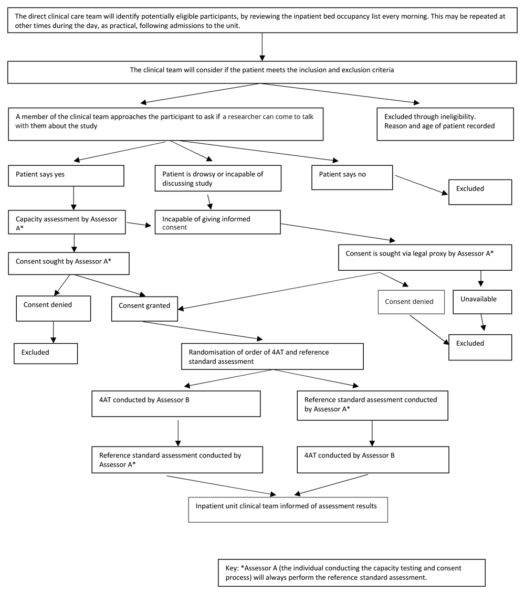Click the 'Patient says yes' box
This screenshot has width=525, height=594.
pos(66,176)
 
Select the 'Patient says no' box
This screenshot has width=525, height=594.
pos(352,177)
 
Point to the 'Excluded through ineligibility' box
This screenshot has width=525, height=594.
pos(445,124)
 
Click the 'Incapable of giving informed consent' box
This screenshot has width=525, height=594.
pos(217,222)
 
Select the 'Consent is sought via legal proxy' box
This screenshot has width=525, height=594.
pos(425,257)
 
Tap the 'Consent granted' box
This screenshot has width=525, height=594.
pos(144,309)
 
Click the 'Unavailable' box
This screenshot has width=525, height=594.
pos(482,302)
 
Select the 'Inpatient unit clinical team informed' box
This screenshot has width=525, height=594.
pos(288,510)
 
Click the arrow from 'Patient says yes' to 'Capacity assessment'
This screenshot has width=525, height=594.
pos(73,198)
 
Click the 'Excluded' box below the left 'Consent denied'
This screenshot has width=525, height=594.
pos(46,353)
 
